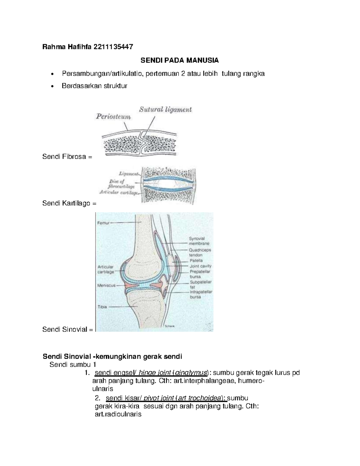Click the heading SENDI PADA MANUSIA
[x=180, y=60]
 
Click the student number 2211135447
[x=113, y=47]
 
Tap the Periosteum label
[x=113, y=117]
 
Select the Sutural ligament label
[x=165, y=110]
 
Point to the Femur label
[x=103, y=223]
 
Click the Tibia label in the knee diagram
[x=102, y=307]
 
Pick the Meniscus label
[x=106, y=285]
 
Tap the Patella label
[x=196, y=260]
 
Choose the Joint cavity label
[x=200, y=266]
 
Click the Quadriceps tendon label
[x=200, y=252]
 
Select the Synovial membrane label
[x=199, y=241]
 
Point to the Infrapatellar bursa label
[x=201, y=294]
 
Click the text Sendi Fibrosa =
[x=67, y=156]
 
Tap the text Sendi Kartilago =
[x=70, y=203]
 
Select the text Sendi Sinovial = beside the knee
[x=68, y=329]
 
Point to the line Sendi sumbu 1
[x=73, y=365]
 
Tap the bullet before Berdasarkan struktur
[x=53, y=86]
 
